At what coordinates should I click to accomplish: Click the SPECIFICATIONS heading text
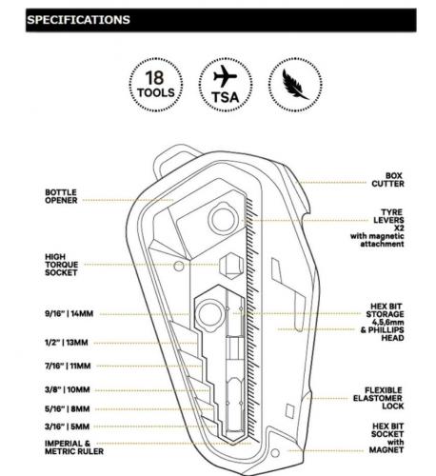tap(78, 20)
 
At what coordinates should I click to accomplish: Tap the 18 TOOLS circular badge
tap(156, 85)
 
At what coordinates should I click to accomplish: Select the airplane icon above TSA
tap(225, 76)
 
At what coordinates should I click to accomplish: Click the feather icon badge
tap(295, 85)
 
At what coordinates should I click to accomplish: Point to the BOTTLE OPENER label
tap(61, 196)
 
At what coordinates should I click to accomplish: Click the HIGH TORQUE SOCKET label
tap(62, 265)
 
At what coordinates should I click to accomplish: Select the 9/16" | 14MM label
tap(69, 314)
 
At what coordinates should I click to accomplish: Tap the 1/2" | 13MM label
tap(67, 343)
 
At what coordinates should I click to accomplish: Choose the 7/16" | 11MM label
tap(68, 366)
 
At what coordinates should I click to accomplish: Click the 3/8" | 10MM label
tap(68, 389)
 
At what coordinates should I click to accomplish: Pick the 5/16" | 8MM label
tap(68, 409)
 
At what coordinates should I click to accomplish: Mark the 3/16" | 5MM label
tap(68, 426)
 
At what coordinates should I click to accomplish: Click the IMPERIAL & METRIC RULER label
tap(74, 447)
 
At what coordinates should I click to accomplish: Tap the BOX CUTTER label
tap(387, 180)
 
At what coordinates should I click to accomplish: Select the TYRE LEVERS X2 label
tap(388, 220)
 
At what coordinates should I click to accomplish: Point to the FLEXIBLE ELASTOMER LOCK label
tap(379, 398)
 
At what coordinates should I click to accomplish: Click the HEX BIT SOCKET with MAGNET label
tap(386, 438)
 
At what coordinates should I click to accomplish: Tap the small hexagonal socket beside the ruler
tap(232, 266)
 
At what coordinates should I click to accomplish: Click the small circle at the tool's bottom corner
tap(275, 453)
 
